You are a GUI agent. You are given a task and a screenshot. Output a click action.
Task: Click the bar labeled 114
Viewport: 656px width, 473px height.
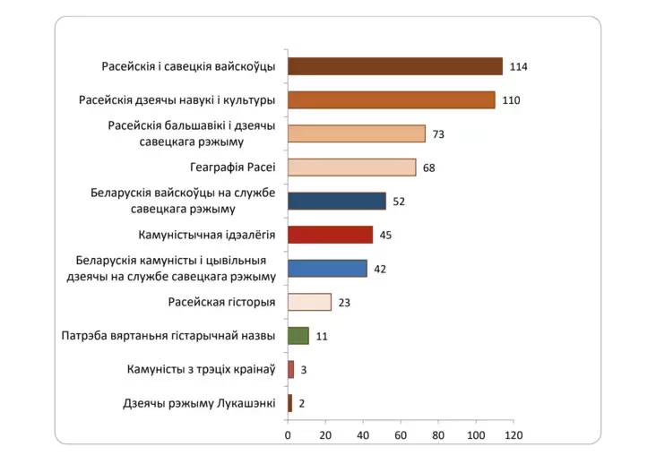(x=394, y=66)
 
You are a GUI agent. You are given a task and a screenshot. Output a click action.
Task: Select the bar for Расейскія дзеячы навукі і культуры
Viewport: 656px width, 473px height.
(x=391, y=99)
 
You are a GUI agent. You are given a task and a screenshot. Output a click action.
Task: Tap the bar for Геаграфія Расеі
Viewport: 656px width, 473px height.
(x=351, y=168)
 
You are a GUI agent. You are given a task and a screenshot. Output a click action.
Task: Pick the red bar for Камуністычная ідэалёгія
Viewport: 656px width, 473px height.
(x=330, y=235)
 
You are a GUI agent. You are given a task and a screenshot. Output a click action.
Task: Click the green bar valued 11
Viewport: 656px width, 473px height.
(x=298, y=336)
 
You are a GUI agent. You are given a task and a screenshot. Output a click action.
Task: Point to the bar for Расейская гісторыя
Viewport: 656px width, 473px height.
(x=309, y=302)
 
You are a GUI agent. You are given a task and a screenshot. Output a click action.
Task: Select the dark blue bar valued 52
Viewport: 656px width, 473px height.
(x=336, y=201)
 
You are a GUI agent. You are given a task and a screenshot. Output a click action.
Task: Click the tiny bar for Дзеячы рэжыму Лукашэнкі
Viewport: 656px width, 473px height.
(x=289, y=403)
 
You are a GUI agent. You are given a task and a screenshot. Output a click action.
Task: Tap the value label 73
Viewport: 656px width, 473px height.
(x=438, y=134)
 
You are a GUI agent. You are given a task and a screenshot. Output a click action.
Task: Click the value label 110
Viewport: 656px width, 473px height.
(x=511, y=100)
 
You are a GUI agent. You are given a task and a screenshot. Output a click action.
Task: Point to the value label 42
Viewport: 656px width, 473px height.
(x=380, y=269)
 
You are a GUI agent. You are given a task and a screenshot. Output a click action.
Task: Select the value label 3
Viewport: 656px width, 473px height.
(x=304, y=370)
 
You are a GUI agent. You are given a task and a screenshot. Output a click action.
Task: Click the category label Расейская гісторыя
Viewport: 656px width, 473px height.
(x=221, y=302)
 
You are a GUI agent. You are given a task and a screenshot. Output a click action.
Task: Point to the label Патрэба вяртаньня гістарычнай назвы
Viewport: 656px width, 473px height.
(x=169, y=336)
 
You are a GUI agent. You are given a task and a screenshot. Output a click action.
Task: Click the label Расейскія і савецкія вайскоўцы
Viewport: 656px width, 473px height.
(x=188, y=66)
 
